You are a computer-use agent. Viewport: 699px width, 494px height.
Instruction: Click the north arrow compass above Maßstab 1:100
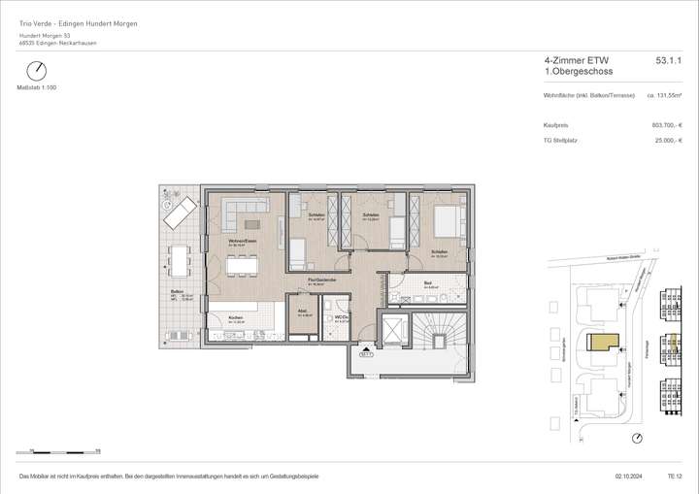(x=37, y=71)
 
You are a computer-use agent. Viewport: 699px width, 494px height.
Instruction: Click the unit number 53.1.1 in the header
(x=669, y=60)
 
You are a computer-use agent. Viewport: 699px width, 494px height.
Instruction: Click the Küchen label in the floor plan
(x=236, y=318)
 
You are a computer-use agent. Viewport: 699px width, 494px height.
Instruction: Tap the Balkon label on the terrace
(x=178, y=291)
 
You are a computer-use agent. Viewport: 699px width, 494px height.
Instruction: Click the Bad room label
(x=428, y=283)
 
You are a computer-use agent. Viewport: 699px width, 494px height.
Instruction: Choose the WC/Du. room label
(x=341, y=316)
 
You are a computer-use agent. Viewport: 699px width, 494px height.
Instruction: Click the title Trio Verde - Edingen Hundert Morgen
(x=79, y=23)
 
